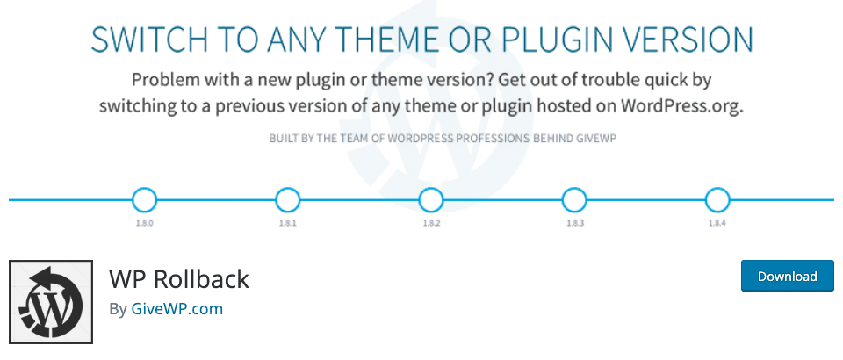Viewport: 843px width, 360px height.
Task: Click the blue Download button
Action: [788, 276]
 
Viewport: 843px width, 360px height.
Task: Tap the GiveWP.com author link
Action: [177, 309]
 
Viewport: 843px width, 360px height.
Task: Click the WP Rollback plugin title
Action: [179, 279]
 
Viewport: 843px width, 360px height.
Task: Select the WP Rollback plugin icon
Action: [51, 301]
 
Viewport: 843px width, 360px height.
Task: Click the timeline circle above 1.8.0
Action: [144, 200]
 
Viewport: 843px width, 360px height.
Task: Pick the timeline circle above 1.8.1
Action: [287, 200]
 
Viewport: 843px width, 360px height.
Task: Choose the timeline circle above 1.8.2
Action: [430, 200]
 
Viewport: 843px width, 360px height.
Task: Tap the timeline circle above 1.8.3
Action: [573, 200]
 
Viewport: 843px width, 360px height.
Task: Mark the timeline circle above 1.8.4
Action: [717, 200]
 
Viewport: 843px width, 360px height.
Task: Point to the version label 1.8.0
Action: [144, 225]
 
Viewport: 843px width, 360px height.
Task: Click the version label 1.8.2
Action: [430, 225]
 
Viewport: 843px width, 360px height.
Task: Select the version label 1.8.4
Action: [717, 225]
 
